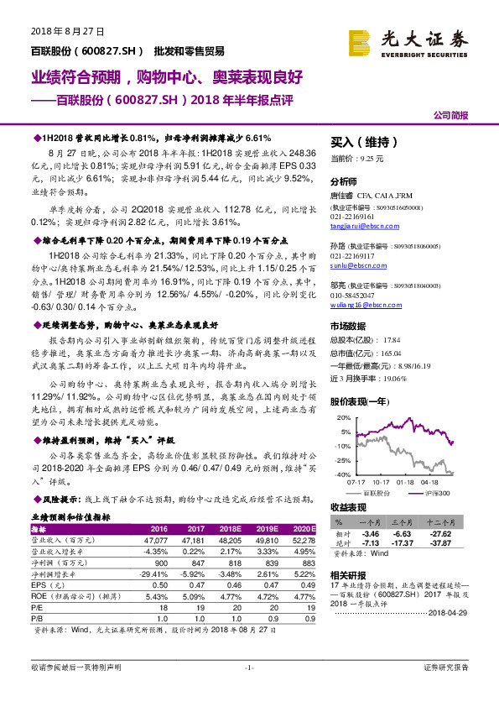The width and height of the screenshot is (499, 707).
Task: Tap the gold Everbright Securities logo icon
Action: pyautogui.click(x=361, y=41)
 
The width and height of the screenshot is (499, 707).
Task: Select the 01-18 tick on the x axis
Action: pyautogui.click(x=406, y=483)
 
